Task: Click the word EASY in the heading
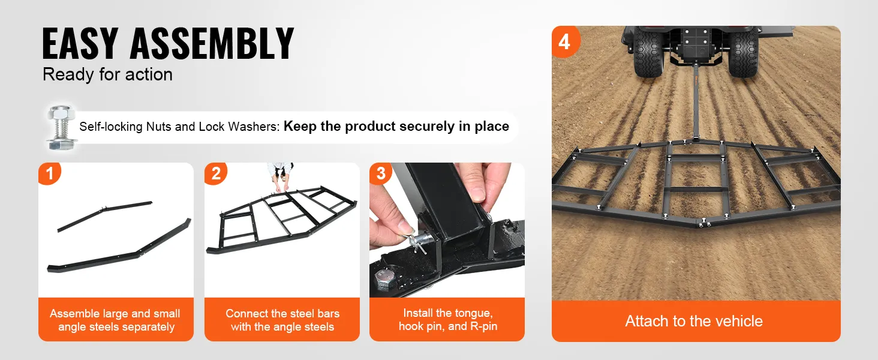pyautogui.click(x=80, y=43)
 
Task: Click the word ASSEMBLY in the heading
pyautogui.click(x=212, y=43)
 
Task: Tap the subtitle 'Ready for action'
pyautogui.click(x=107, y=74)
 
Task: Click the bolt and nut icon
pyautogui.click(x=61, y=127)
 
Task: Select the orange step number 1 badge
pyautogui.click(x=49, y=173)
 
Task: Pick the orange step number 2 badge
pyautogui.click(x=215, y=173)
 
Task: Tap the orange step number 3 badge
pyautogui.click(x=381, y=173)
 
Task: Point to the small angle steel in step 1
pyautogui.click(x=104, y=216)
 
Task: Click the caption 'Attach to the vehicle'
pyautogui.click(x=694, y=321)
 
